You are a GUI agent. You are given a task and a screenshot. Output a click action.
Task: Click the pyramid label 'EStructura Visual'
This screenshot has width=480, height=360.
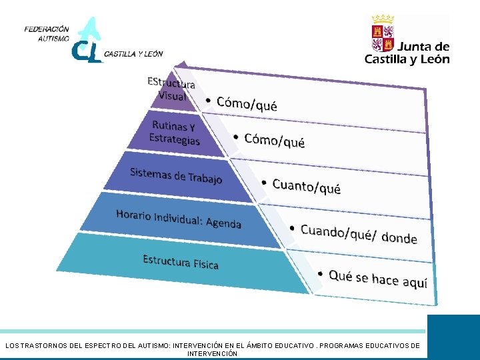click(171, 89)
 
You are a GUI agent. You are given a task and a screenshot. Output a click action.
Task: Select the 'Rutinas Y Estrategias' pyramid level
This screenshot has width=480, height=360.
click(174, 133)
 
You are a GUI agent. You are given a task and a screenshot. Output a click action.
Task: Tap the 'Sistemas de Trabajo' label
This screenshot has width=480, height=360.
click(176, 175)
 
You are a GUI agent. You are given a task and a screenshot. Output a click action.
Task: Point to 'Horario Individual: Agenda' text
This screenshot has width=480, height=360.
click(179, 218)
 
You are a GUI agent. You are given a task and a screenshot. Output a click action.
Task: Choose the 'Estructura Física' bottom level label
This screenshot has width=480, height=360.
click(181, 261)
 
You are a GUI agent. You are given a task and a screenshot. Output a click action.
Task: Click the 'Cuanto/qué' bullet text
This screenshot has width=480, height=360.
click(307, 186)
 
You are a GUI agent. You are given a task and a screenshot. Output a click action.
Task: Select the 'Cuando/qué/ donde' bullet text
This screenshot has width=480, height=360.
click(359, 234)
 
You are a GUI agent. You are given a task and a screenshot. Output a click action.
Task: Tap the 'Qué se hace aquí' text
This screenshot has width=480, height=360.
click(378, 279)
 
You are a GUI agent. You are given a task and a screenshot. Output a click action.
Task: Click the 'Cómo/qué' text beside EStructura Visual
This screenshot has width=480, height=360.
click(247, 103)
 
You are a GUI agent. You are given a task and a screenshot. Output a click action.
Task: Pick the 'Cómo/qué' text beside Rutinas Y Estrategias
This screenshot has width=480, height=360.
click(275, 140)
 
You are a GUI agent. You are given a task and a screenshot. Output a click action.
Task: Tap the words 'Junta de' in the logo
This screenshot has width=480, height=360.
click(424, 47)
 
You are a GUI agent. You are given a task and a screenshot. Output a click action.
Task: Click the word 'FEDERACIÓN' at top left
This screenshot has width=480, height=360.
click(47, 29)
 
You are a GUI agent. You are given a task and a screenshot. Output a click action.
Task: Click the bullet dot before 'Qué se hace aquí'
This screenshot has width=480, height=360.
click(321, 273)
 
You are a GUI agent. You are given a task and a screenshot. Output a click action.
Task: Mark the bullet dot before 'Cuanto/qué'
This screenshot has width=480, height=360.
click(264, 181)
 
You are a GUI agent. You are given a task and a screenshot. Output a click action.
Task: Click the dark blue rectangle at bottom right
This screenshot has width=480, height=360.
click(453, 337)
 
